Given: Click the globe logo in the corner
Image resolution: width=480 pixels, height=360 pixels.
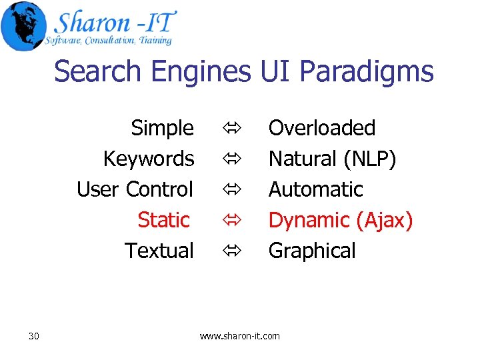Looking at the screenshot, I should [x=23, y=25].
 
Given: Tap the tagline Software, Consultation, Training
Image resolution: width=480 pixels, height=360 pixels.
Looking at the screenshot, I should [x=108, y=41].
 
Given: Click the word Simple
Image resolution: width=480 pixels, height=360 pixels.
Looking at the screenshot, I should [x=162, y=127].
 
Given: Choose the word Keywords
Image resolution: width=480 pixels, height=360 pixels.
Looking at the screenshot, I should [x=149, y=159].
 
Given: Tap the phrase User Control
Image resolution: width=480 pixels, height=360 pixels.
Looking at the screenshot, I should [x=135, y=189].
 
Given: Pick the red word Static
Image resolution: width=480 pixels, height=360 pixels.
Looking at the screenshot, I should [x=163, y=219].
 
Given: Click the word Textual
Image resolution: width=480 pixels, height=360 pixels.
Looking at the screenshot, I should [x=159, y=251].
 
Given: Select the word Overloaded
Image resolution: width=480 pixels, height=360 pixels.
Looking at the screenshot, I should [x=322, y=127].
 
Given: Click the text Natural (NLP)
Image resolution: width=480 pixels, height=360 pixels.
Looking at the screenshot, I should [x=332, y=159].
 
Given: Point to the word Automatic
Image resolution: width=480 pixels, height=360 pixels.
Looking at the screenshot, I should [x=315, y=189].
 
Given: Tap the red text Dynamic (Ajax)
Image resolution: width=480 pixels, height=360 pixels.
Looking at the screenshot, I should [x=341, y=219].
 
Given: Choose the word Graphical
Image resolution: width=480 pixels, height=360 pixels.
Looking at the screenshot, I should [x=312, y=251].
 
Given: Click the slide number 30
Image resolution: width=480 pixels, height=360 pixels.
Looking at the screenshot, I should [x=34, y=336].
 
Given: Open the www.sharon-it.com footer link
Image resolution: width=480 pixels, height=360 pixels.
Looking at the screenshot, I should [x=240, y=336].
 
